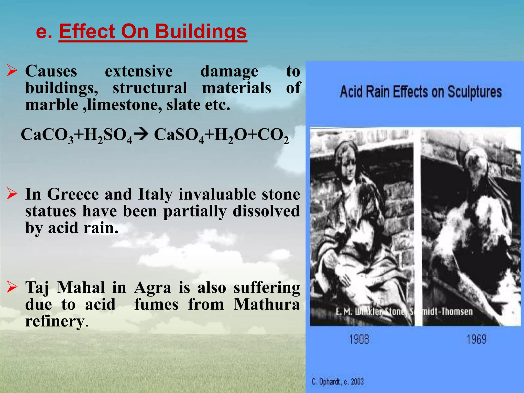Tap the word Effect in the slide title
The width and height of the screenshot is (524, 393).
87,32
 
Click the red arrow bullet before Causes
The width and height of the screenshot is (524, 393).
12,71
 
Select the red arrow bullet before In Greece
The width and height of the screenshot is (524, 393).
12,194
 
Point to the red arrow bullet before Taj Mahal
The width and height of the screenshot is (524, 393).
12,287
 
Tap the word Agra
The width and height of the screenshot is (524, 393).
152,288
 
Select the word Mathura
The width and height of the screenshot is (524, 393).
267,304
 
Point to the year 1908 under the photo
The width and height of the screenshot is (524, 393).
359,340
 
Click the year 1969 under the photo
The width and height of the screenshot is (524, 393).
476,340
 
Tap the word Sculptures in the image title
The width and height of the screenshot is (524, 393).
474,92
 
